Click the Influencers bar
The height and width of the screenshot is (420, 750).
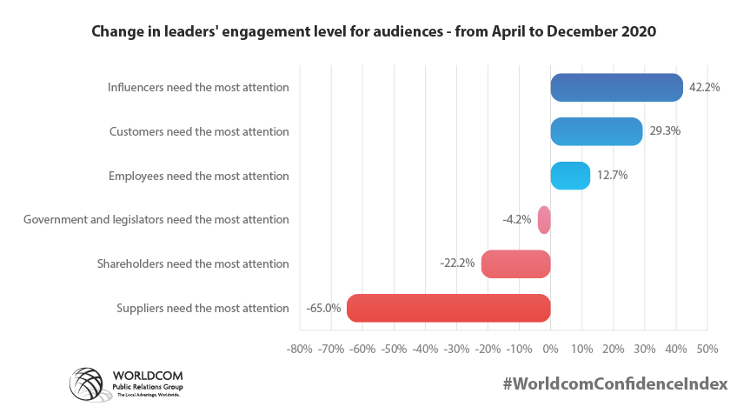tap(616, 88)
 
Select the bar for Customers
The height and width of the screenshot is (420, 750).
tap(596, 131)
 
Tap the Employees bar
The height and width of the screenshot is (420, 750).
tap(570, 176)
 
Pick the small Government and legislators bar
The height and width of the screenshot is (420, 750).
tap(544, 220)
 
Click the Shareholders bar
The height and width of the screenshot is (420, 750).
tap(515, 263)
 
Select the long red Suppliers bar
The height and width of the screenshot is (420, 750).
tap(448, 308)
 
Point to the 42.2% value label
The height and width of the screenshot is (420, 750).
tap(705, 88)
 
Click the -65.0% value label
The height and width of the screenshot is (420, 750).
tap(323, 308)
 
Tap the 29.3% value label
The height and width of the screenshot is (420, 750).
tap(665, 131)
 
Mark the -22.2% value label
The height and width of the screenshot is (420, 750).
tap(457, 263)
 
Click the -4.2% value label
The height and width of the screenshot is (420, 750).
tap(517, 220)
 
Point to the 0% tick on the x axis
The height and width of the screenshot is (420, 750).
tap(550, 349)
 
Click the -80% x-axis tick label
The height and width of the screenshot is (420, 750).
tap(300, 349)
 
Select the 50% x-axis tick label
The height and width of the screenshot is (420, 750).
tap(707, 349)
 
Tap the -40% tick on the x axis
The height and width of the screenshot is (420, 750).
tap(425, 349)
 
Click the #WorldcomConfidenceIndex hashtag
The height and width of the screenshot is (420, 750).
tap(614, 383)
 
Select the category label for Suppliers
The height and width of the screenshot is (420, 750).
tap(202, 308)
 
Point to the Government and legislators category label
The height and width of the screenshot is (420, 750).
tap(156, 220)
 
